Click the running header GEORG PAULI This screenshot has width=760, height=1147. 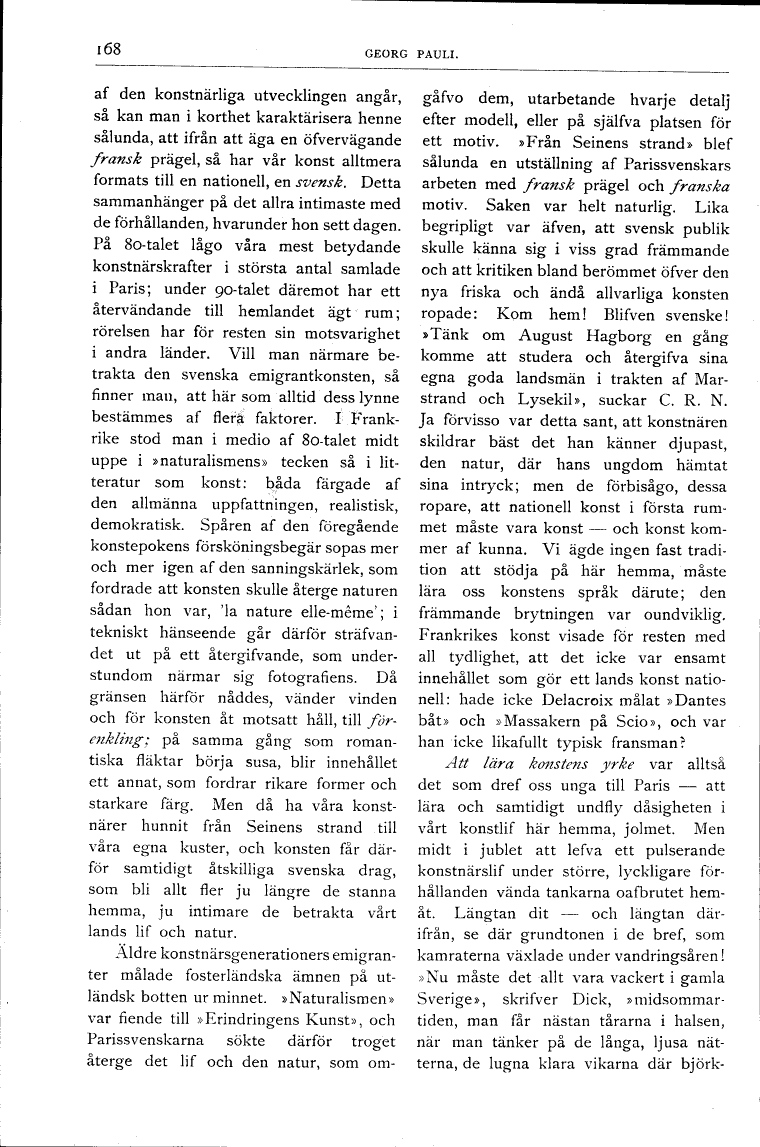tap(411, 52)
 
